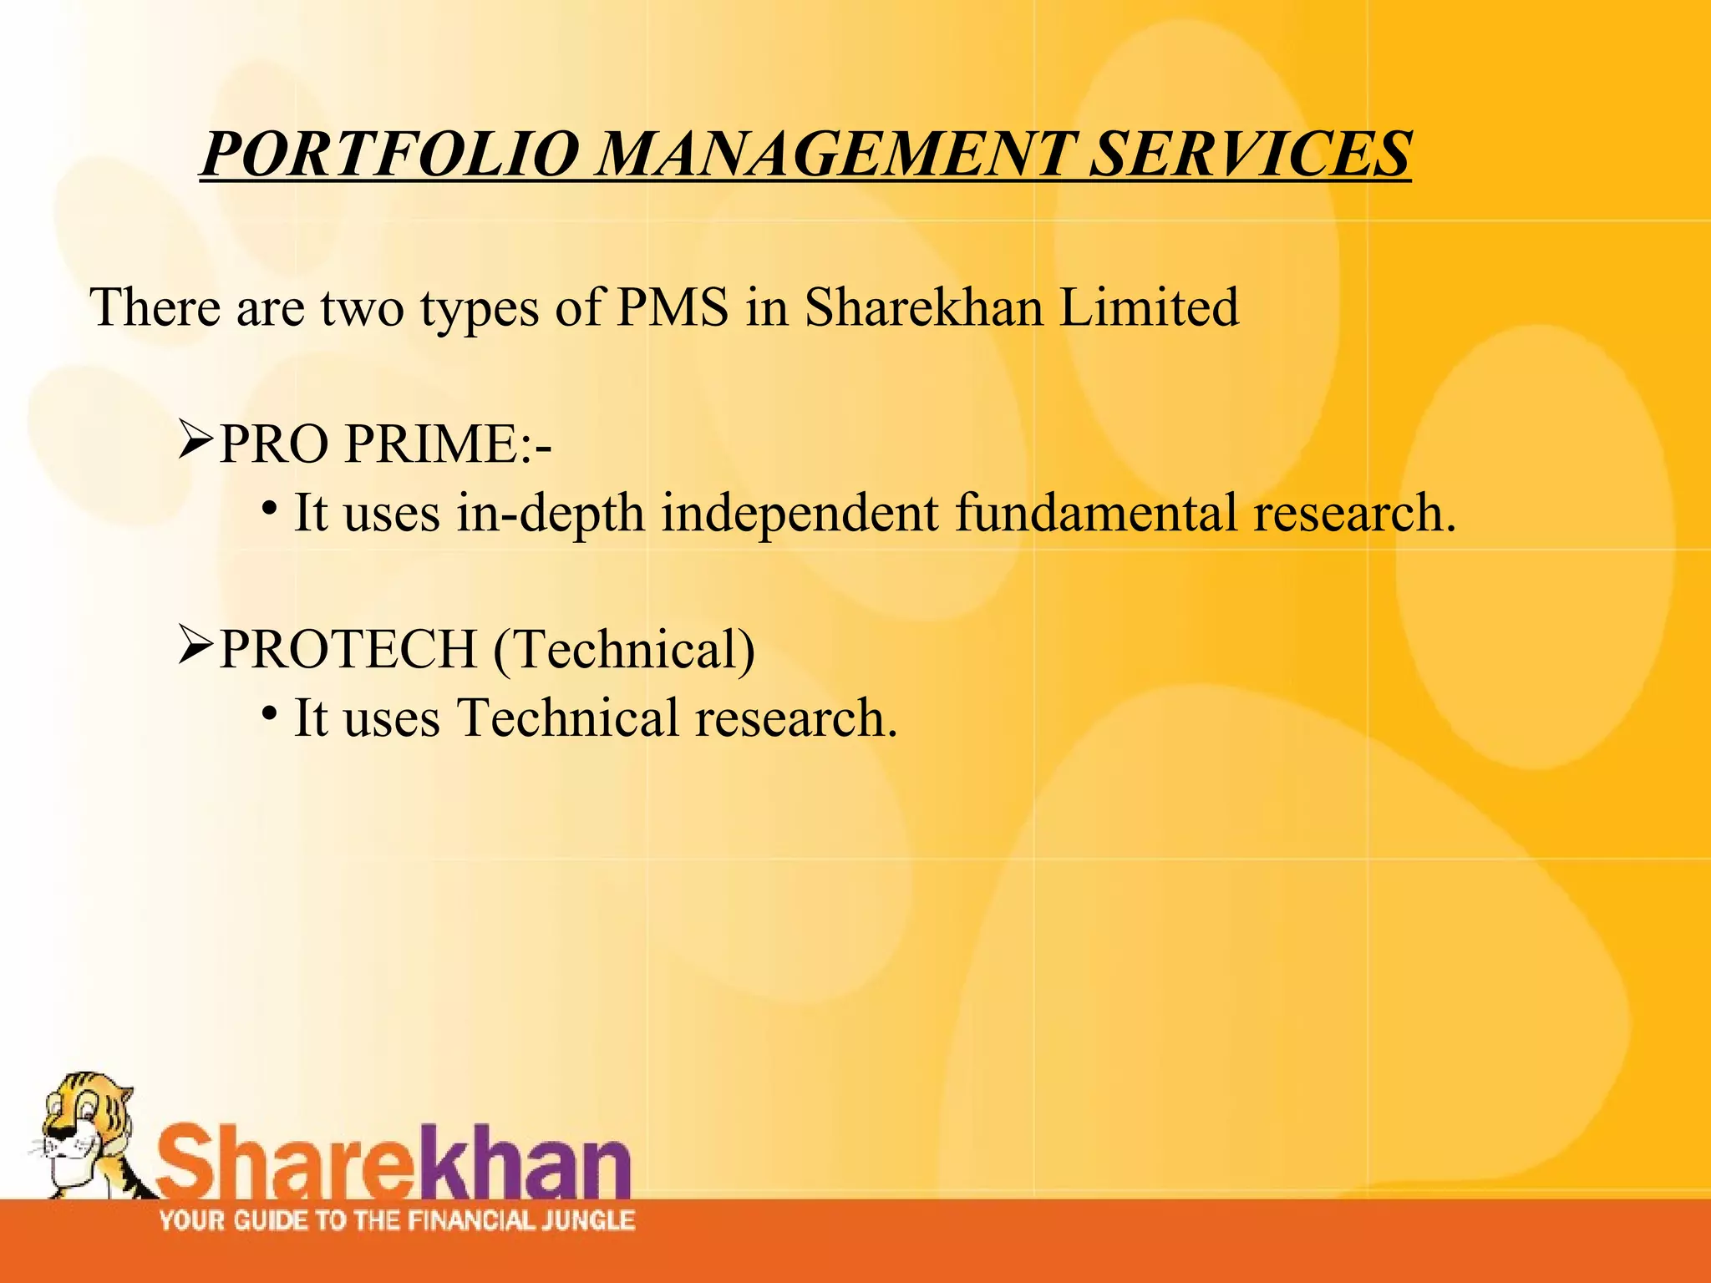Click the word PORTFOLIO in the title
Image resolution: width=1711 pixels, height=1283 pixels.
tap(389, 155)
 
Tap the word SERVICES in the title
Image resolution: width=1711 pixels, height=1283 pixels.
tap(1250, 155)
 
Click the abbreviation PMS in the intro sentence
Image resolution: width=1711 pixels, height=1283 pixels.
tap(673, 307)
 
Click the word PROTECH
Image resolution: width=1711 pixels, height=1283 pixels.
tap(347, 649)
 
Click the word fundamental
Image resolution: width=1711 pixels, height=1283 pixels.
tap(1095, 512)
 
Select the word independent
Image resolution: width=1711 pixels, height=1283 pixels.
tap(800, 514)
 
